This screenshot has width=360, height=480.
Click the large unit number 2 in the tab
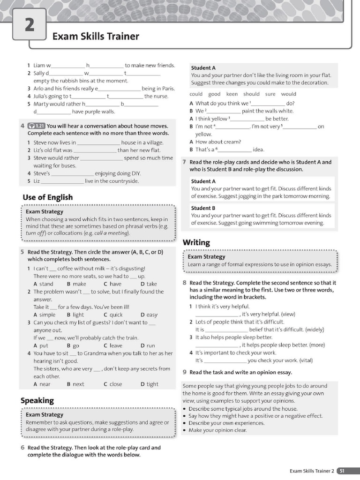[x=29, y=24]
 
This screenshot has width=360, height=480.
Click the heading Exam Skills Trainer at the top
[x=96, y=37]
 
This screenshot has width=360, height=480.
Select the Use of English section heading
[x=47, y=197]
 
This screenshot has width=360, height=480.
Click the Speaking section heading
[x=37, y=400]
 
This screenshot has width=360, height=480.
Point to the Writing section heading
[x=196, y=242]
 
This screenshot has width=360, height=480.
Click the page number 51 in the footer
[x=343, y=471]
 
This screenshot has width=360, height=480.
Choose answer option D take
[x=149, y=284]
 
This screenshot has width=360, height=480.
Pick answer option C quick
[x=113, y=315]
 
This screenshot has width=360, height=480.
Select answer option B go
[x=73, y=345]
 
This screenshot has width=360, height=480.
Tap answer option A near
[x=42, y=384]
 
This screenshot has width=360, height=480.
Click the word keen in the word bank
[x=232, y=94]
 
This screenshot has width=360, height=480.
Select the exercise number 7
[x=184, y=162]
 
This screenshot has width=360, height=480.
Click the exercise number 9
[x=184, y=372]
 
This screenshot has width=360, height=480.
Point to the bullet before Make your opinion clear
[x=185, y=430]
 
